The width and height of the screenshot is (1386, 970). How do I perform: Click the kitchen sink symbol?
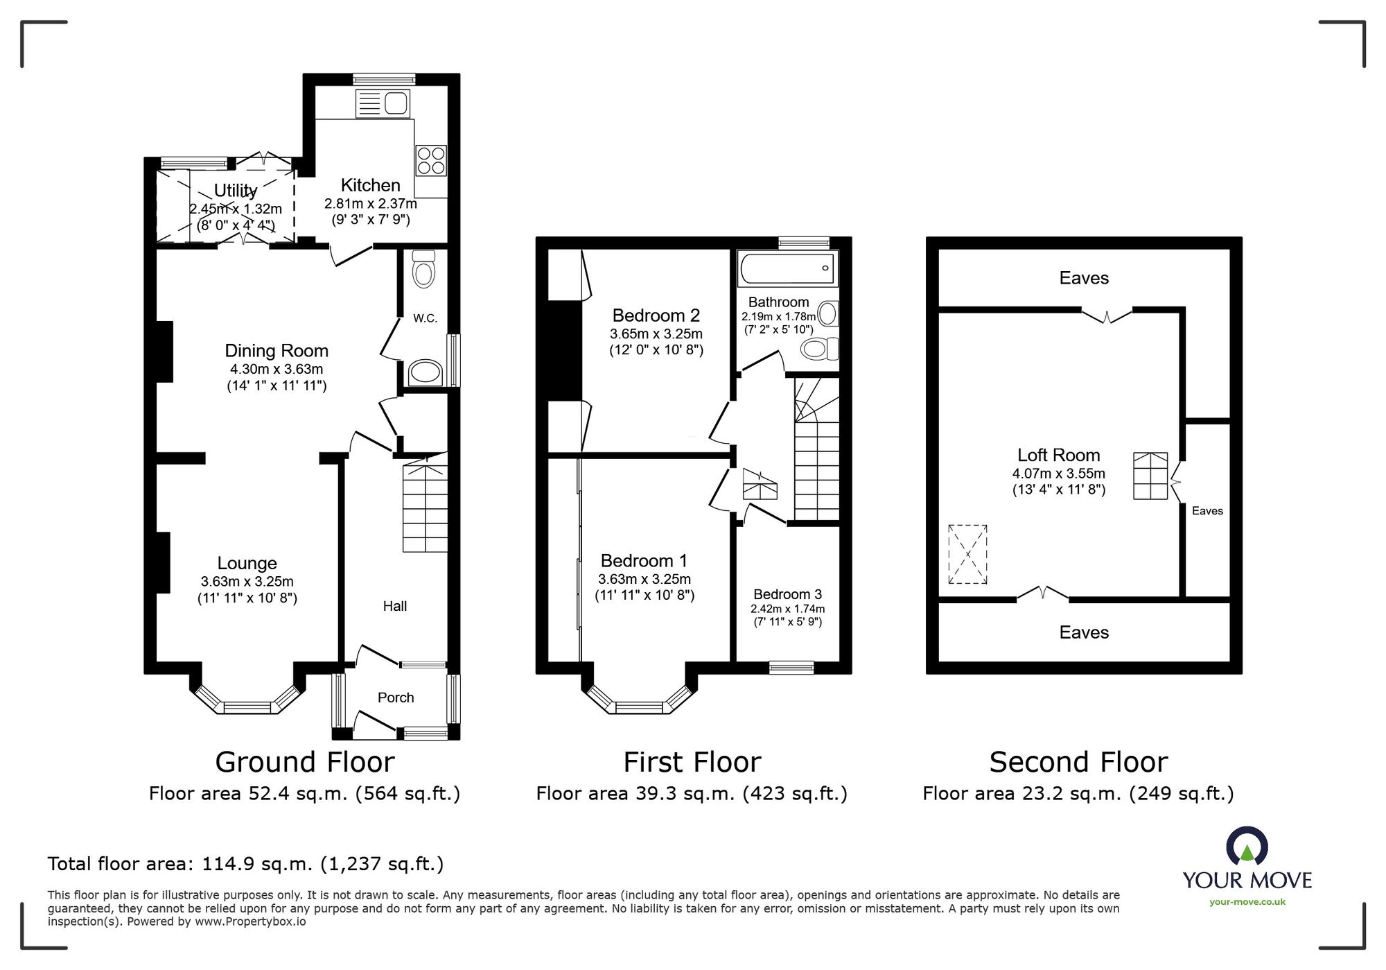click(x=383, y=104)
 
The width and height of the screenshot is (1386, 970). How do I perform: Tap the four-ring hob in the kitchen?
click(x=430, y=160)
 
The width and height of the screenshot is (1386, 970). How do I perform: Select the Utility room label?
click(x=236, y=190)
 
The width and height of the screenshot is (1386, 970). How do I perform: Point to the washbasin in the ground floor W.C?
click(x=424, y=373)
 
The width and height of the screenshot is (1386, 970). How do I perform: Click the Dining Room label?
click(x=277, y=351)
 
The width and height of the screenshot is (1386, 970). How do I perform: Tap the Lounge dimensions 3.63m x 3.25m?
click(x=247, y=582)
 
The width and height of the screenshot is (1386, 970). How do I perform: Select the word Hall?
click(x=395, y=606)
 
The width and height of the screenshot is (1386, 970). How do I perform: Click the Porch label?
click(x=396, y=698)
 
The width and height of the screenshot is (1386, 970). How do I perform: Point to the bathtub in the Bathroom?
click(x=787, y=268)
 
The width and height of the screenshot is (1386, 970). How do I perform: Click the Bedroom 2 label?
click(x=656, y=315)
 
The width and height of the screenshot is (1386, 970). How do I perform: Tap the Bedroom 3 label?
click(x=787, y=594)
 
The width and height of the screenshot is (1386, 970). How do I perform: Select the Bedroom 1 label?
click(x=644, y=560)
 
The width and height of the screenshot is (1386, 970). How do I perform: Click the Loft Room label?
click(x=1058, y=455)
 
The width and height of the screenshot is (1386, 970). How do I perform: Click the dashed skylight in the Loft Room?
click(x=967, y=554)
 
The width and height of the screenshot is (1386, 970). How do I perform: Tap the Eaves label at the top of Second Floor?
click(x=1084, y=278)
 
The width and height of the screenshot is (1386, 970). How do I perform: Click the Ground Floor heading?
click(x=305, y=762)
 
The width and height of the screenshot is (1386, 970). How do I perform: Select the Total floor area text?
click(x=245, y=864)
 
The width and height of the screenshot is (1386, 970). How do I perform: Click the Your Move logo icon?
click(x=1247, y=845)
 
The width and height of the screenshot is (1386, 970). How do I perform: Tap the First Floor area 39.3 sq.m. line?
click(x=692, y=793)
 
